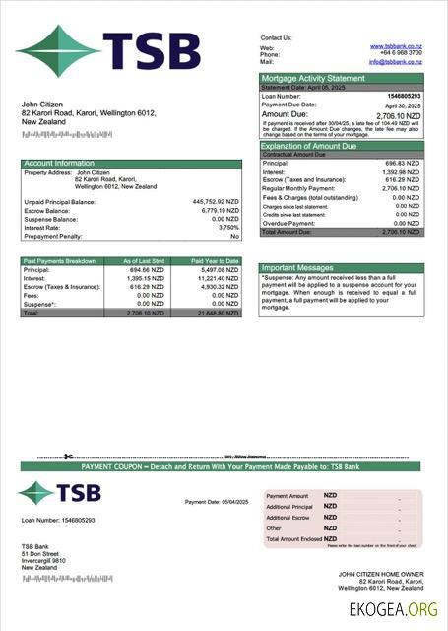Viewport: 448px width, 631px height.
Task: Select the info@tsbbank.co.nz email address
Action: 396,61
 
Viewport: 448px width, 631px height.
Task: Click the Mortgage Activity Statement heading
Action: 312,78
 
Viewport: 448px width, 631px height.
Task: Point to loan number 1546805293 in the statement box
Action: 402,96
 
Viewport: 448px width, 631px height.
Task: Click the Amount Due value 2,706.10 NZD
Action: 398,114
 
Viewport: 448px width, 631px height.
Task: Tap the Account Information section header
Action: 59,163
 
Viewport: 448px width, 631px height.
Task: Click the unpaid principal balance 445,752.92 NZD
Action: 215,201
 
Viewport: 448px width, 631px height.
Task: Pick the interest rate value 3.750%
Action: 224,227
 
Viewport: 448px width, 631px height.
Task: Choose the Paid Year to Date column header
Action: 215,261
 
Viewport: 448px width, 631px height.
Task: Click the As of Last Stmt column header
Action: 142,261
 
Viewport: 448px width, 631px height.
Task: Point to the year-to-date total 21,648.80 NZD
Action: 217,313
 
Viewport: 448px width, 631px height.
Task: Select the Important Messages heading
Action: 298,267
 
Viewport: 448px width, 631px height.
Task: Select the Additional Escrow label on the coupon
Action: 288,518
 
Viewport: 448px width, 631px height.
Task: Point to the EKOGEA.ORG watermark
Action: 394,610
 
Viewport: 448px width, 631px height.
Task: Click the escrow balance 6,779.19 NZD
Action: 219,210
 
